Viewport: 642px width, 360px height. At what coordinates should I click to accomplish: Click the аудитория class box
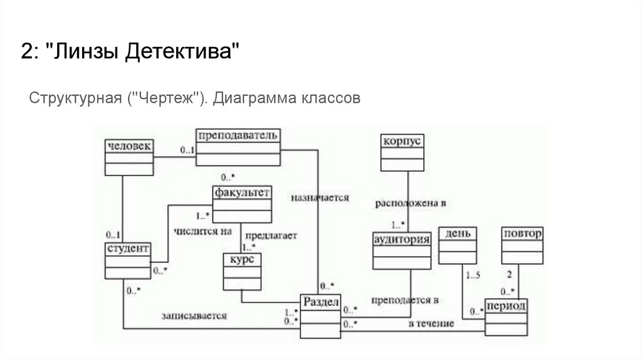tap(401, 250)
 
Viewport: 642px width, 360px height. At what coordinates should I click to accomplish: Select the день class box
tap(458, 245)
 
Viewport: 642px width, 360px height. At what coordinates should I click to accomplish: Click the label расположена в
tap(410, 204)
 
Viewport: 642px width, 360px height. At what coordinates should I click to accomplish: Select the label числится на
tap(198, 230)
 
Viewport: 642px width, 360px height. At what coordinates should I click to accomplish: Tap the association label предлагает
tap(271, 236)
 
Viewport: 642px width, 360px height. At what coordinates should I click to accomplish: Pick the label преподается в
tap(404, 300)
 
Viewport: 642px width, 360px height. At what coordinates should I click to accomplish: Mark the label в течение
tap(431, 324)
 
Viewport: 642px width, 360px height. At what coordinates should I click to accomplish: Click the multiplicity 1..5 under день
tap(473, 275)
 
